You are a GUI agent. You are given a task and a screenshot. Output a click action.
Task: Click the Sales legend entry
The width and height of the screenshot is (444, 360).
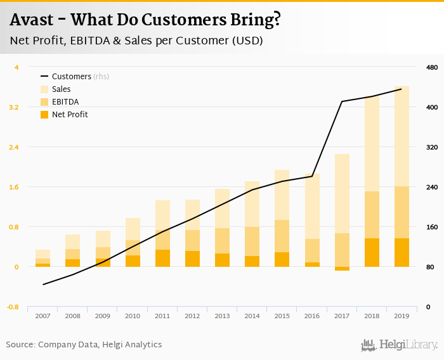[62, 89]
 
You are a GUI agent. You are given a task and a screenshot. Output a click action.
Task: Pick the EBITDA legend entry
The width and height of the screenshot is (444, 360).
[65, 102]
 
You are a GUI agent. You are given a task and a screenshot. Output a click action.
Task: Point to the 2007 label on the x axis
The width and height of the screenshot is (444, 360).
[42, 316]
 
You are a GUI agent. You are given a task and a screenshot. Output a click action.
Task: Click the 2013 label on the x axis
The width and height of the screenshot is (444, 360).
[222, 316]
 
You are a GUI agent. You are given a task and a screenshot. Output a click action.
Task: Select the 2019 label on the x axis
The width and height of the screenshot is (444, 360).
[402, 316]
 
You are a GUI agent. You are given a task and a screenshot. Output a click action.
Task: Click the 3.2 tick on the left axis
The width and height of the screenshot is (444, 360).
[14, 107]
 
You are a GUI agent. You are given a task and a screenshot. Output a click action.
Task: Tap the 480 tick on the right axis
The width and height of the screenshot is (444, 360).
[431, 67]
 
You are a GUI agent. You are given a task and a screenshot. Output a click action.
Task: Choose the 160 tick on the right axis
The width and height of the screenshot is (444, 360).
[431, 227]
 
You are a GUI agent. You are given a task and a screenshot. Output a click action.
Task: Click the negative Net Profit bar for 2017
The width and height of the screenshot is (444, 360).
[342, 269]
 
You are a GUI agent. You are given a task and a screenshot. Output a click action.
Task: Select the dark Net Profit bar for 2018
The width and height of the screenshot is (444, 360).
[372, 252]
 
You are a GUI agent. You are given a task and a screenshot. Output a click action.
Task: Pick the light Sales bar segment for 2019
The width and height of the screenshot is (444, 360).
[402, 136]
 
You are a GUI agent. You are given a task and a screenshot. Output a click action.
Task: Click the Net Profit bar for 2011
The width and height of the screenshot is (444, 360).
[162, 258]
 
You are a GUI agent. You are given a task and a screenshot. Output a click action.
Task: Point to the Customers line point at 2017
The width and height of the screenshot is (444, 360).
[342, 101]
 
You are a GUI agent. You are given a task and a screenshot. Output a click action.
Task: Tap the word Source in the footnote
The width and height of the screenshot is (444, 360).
[20, 345]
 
